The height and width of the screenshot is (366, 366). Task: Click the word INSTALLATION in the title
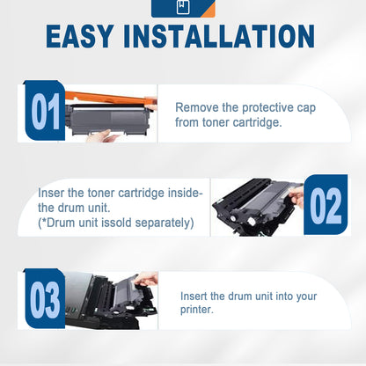pos(231,37)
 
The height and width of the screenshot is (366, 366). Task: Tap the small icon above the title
pos(182,8)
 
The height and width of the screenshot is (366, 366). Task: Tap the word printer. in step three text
pos(199,310)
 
